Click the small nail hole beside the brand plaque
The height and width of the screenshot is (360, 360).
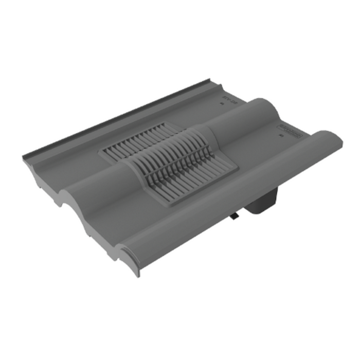[281, 137]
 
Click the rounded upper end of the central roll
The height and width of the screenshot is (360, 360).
[267, 105]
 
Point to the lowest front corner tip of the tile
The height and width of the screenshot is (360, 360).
[137, 275]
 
